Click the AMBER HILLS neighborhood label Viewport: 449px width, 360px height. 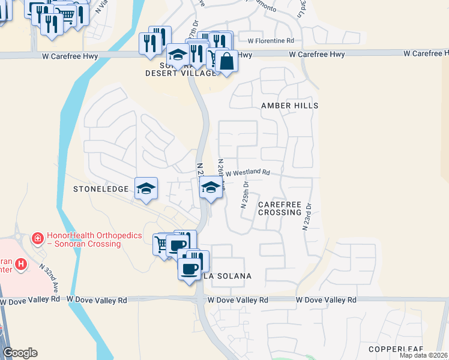[289, 106]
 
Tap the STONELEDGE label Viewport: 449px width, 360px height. [101, 189]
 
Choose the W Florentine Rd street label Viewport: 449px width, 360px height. [271, 41]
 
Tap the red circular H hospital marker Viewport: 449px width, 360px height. [21, 263]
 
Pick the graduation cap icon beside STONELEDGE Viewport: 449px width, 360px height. [146, 188]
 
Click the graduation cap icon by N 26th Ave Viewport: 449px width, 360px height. [211, 188]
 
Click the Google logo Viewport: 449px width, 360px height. [20, 353]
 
